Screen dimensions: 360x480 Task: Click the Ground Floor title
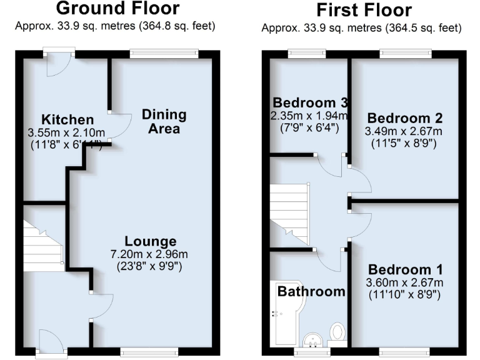tap(117, 9)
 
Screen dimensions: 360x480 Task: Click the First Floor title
tap(364, 11)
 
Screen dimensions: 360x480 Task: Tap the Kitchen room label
tap(67, 119)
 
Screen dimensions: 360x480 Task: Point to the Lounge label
tap(150, 241)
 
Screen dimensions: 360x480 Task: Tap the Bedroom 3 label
tap(310, 102)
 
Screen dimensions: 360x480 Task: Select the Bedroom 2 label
tap(404, 118)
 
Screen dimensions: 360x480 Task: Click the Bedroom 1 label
tap(405, 269)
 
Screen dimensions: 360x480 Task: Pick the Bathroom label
tap(311, 291)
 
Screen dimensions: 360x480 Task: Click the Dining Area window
tap(164, 54)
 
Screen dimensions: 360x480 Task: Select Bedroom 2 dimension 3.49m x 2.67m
tap(404, 131)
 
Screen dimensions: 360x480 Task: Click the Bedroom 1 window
tap(404, 352)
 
